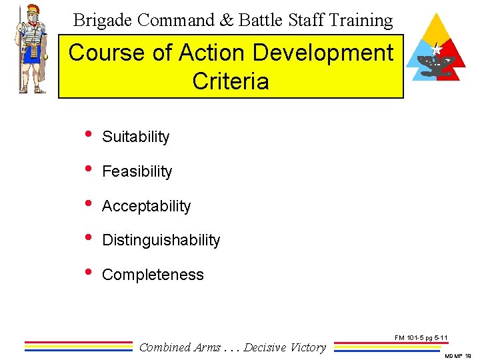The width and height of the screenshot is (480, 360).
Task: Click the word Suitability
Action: pyautogui.click(x=135, y=137)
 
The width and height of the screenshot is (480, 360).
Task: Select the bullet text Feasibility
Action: pyautogui.click(x=137, y=171)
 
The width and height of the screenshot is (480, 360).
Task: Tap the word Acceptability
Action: pyautogui.click(x=146, y=206)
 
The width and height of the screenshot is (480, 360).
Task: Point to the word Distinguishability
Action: pyautogui.click(x=161, y=240)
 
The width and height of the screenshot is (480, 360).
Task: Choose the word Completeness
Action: pyautogui.click(x=153, y=275)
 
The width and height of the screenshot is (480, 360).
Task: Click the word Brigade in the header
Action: pyautogui.click(x=101, y=21)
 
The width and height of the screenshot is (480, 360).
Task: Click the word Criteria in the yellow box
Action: pyautogui.click(x=231, y=81)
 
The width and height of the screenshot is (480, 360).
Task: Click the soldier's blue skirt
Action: pyautogui.click(x=31, y=54)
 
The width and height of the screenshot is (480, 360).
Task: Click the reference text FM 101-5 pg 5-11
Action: pyautogui.click(x=421, y=338)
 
